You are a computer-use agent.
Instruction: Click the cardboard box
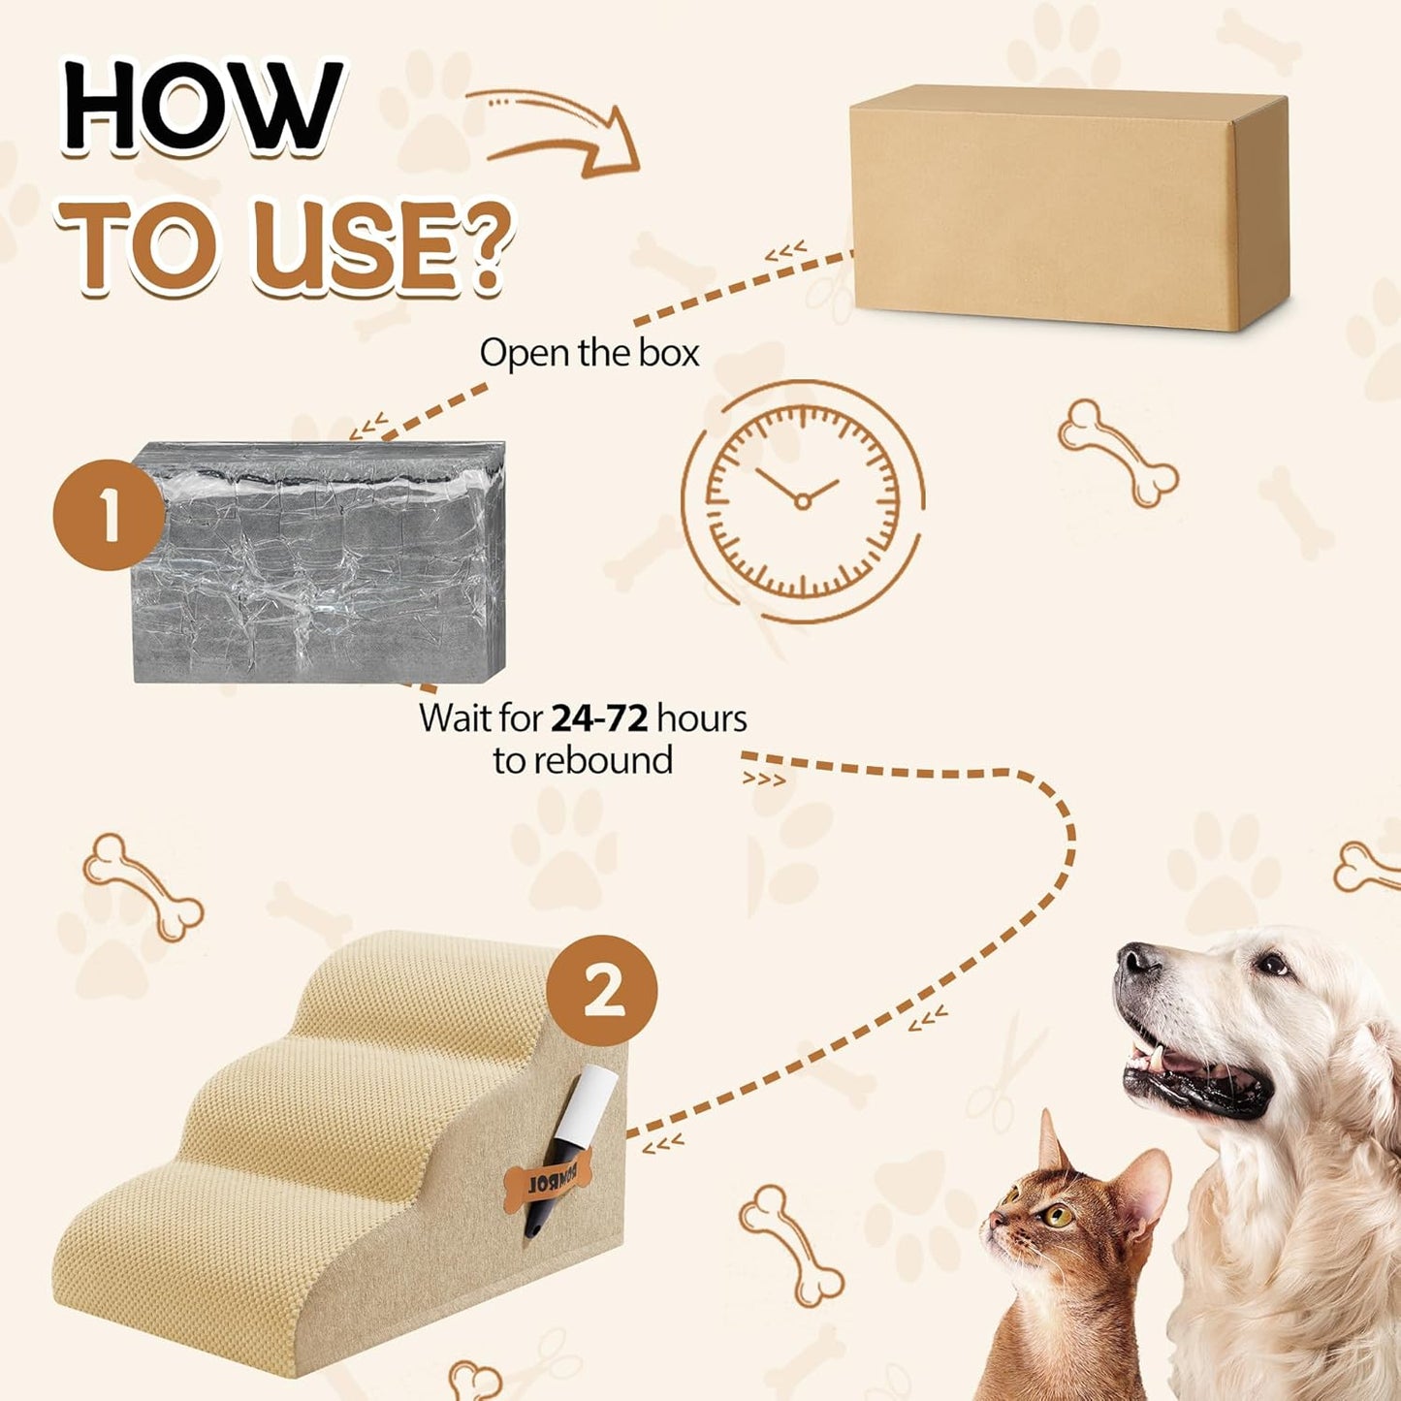[1067, 208]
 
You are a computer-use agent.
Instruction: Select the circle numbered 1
[109, 515]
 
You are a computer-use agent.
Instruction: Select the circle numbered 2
[602, 990]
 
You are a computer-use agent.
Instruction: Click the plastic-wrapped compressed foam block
[320, 562]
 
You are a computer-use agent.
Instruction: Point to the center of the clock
[803, 500]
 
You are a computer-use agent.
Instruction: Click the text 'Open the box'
[589, 353]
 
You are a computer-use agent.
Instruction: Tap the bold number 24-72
[599, 718]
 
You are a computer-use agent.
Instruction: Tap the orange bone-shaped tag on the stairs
[548, 1184]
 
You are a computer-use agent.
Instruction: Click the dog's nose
[1136, 961]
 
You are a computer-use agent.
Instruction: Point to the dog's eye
[1271, 964]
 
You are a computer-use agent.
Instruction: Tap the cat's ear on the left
[1050, 1142]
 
